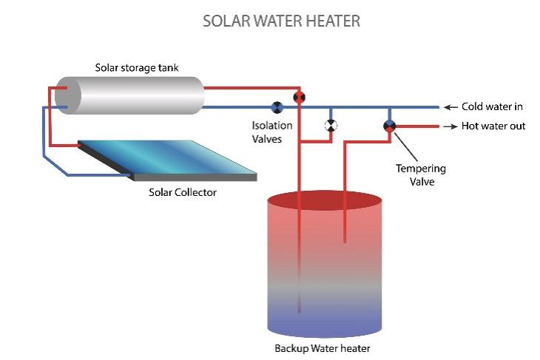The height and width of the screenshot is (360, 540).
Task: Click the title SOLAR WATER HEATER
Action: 282,21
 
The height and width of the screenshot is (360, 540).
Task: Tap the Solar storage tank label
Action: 137,68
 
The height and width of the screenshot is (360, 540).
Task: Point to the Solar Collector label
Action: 182,193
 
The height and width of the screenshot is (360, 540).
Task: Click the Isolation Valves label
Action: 272,132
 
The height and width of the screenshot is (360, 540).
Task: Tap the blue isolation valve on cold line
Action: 277,107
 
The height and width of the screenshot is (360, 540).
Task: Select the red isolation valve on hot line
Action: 299,97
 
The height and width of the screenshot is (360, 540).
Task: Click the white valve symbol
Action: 331,126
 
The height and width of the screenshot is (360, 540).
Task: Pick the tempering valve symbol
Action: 390,126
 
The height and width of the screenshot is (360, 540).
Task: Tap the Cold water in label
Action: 493,107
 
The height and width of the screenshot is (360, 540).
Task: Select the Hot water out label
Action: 493,126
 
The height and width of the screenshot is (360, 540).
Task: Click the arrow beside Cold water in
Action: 449,107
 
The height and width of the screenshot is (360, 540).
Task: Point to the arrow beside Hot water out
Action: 449,126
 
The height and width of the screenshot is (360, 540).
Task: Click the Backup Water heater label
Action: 322,348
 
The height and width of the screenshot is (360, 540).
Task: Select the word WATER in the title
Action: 282,21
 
